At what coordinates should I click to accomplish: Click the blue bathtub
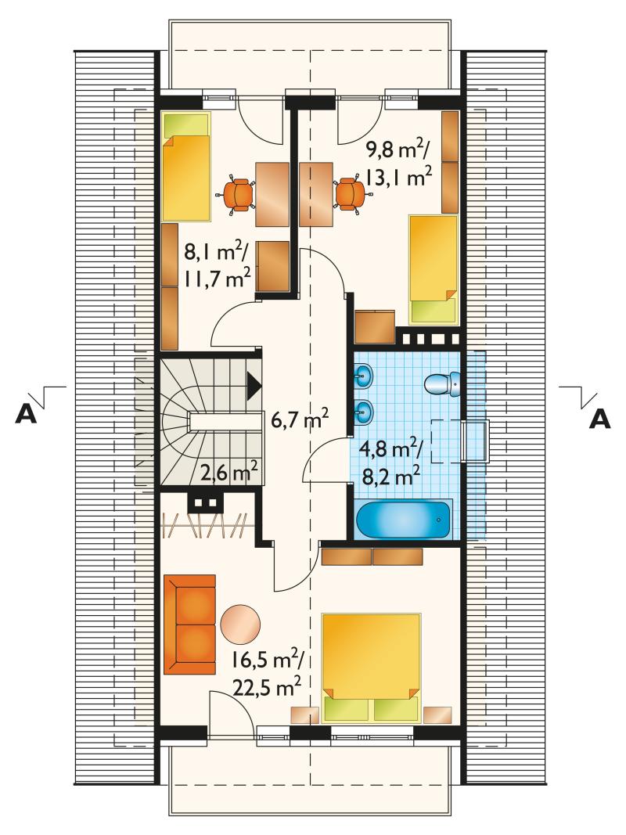click(404, 519)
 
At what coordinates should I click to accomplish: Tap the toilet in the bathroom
click(443, 383)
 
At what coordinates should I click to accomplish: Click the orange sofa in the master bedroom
click(190, 624)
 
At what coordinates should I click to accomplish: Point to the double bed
click(372, 668)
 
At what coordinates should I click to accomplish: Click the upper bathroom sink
click(364, 377)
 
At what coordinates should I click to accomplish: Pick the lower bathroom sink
click(364, 411)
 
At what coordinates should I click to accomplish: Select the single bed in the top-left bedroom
click(185, 167)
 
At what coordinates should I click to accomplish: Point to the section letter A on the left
click(26, 415)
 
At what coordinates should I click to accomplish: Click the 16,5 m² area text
click(267, 663)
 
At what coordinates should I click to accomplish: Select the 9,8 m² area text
click(397, 152)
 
